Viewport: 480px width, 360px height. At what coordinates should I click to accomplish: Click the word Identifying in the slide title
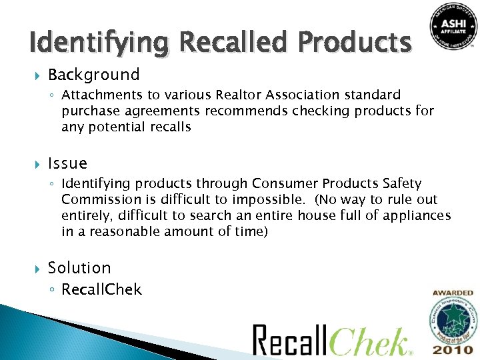pos(97,43)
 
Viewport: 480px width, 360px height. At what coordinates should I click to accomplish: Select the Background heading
pos(93,75)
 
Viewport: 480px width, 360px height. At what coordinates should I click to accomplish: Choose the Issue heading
pos(67,163)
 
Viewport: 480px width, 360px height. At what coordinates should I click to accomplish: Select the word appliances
pos(417,215)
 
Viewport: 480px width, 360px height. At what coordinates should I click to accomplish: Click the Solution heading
pos(79,268)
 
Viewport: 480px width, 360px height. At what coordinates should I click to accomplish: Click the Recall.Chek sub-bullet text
pos(101,289)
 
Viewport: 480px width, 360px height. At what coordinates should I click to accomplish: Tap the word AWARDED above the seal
pos(453,293)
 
